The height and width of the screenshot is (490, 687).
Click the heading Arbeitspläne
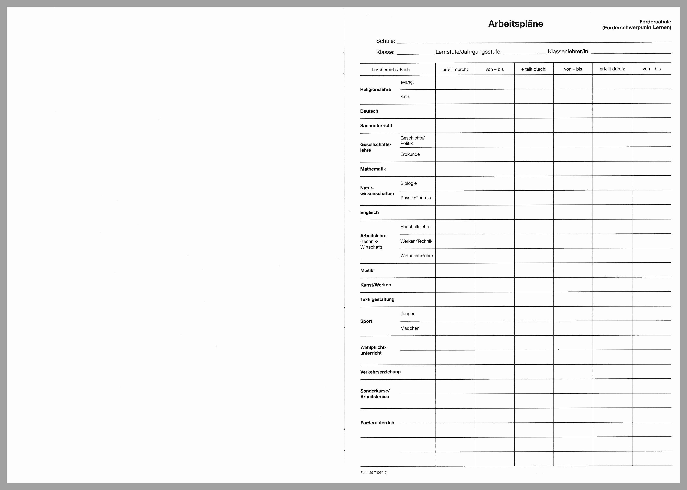coord(515,24)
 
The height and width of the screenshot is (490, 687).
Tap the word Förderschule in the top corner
coord(655,22)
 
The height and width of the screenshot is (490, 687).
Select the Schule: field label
coord(385,41)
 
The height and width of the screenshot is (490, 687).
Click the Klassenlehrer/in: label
coord(569,51)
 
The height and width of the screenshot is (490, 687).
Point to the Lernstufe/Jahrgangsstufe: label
coord(468,52)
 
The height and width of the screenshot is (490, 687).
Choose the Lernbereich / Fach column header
coord(391,70)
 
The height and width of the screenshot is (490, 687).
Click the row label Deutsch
coord(369,111)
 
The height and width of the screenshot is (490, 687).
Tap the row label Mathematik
coord(373,169)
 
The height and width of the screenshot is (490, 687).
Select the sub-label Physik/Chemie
coord(415,198)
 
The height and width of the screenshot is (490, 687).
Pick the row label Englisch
coord(369,212)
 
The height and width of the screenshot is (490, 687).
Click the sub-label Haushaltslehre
coord(415,227)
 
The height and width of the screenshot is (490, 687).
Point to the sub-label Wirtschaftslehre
coord(416,256)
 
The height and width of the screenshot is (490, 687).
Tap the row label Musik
coord(367,270)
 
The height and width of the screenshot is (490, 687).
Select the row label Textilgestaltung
coord(377,299)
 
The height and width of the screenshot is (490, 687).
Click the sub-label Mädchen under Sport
coord(410,328)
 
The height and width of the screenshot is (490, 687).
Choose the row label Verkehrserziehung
coord(380,372)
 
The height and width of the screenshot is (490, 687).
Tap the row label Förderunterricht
coord(378,423)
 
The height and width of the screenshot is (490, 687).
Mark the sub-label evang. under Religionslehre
coord(407,82)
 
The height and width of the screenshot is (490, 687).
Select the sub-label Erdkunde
coord(410,154)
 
